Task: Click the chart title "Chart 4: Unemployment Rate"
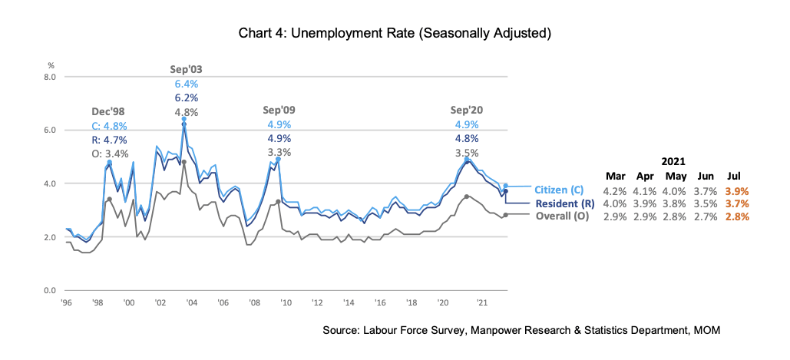click(x=395, y=34)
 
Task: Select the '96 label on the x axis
click(x=68, y=302)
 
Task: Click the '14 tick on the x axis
click(x=349, y=302)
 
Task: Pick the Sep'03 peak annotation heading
click(x=186, y=69)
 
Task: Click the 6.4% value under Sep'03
click(x=186, y=84)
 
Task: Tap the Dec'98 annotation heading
click(x=109, y=111)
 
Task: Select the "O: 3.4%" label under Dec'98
click(x=109, y=153)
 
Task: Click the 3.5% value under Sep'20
click(x=466, y=153)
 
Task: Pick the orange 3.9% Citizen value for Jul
click(x=736, y=190)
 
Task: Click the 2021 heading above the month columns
click(x=673, y=161)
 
